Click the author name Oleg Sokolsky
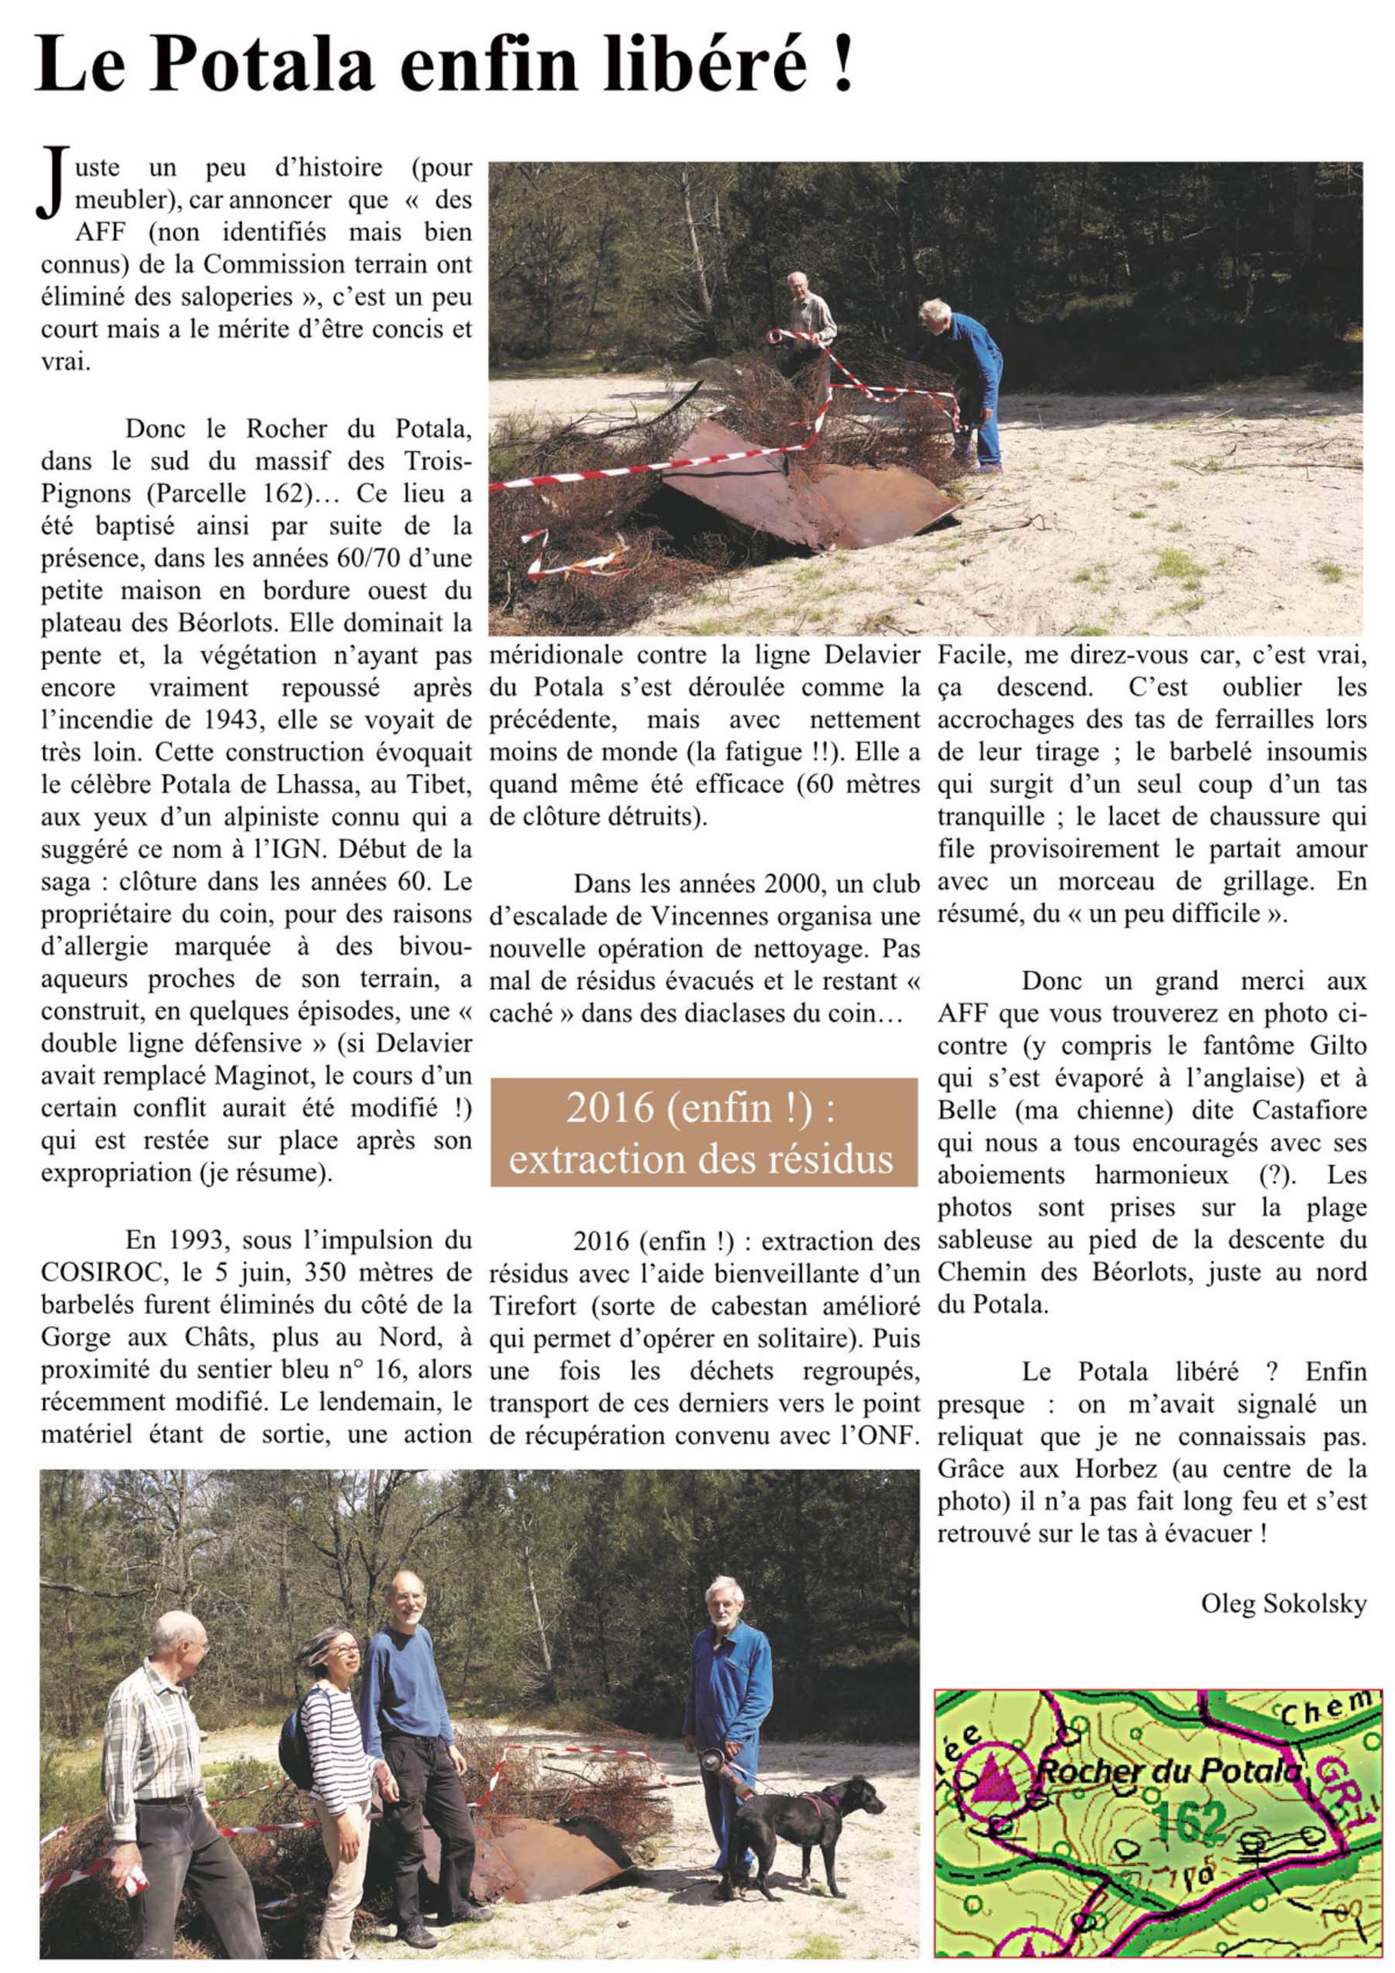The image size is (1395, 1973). point(1283,1603)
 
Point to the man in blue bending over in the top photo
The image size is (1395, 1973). point(966,378)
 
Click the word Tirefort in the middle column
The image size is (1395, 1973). point(538,1306)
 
